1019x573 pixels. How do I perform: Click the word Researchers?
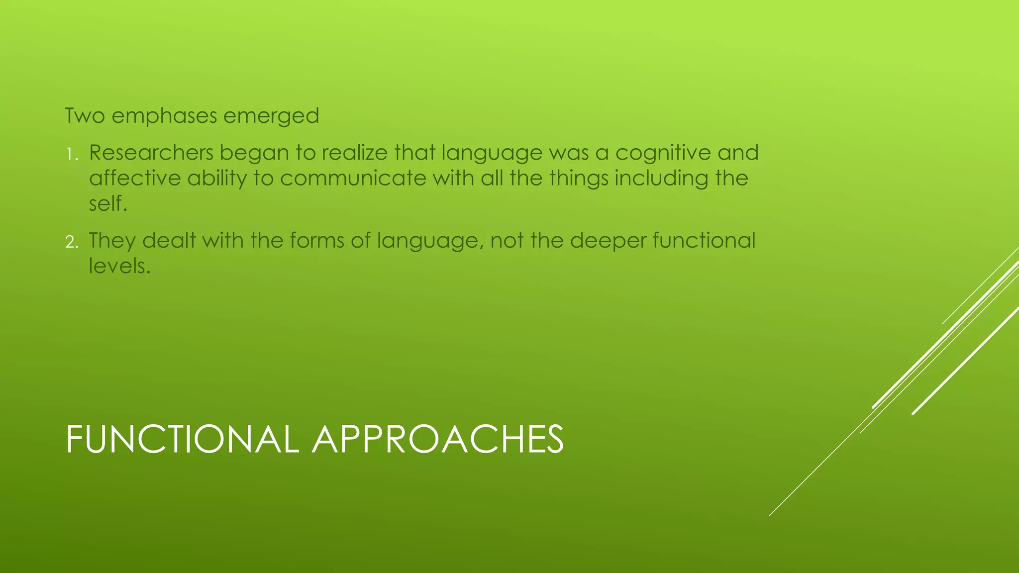point(151,153)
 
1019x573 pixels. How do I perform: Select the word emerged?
point(271,116)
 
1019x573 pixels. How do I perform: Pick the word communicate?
point(353,178)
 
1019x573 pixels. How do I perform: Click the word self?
point(107,203)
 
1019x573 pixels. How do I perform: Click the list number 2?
point(71,242)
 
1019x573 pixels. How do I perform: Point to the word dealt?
point(169,241)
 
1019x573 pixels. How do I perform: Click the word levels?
point(119,266)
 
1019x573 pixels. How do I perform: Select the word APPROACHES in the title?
point(437,439)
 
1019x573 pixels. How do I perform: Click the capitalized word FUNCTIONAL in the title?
point(182,439)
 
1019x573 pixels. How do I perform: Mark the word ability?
point(217,178)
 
